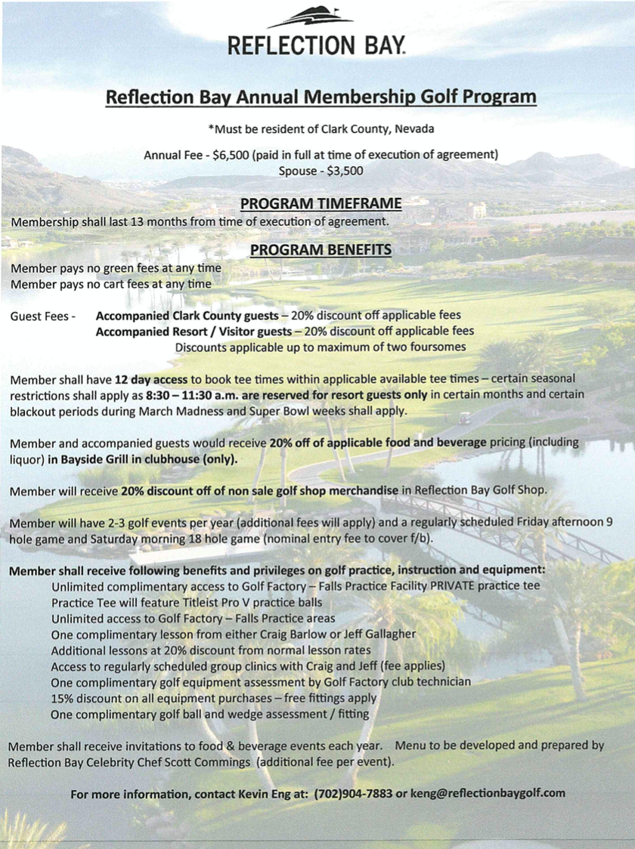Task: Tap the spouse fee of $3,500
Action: tap(345, 171)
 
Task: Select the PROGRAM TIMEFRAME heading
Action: tap(321, 203)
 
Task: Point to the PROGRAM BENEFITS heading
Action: tap(321, 250)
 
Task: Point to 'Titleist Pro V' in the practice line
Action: tap(215, 602)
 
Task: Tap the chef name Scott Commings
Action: tap(210, 762)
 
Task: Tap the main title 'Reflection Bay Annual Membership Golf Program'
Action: tap(321, 97)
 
